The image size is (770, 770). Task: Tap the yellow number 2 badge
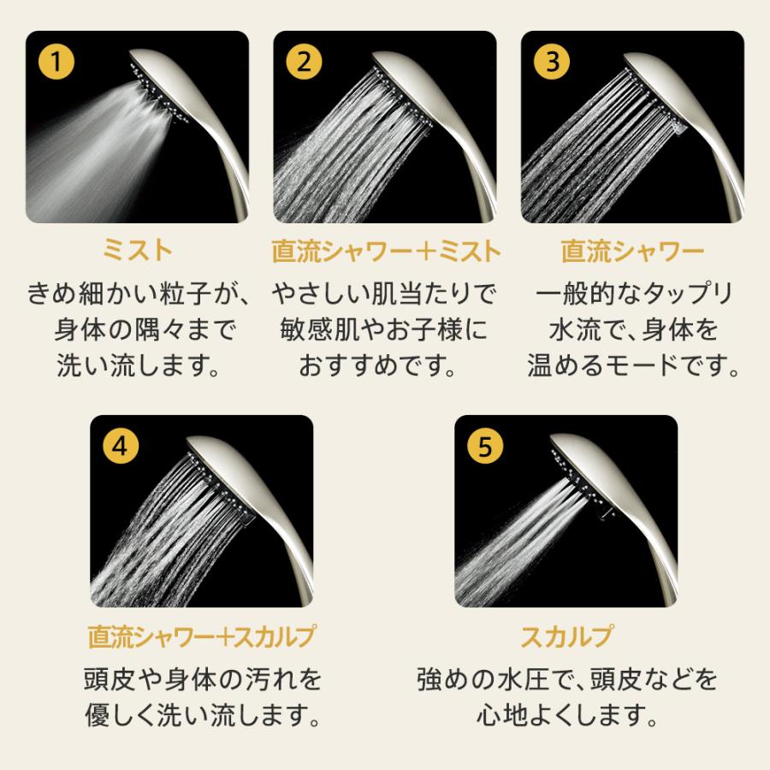304,62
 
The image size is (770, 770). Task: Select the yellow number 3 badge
551,62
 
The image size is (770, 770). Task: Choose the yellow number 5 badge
485,446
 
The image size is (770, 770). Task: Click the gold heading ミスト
137,251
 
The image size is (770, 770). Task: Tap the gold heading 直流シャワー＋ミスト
385,251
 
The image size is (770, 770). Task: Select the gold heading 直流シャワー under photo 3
632,251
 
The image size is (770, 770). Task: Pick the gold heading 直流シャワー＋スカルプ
201,637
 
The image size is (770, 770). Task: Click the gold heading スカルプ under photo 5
566,637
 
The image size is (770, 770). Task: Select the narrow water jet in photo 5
513,530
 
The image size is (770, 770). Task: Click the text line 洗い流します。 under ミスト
137,365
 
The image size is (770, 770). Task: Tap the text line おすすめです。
385,365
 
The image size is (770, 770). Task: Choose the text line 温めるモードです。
632,365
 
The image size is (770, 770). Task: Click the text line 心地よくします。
566,713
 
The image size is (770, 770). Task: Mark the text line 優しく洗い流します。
201,713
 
